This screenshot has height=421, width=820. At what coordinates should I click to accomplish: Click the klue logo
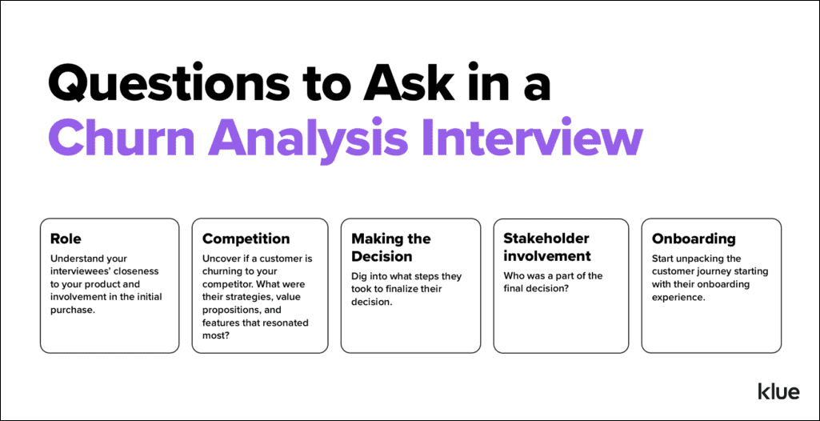coord(778,391)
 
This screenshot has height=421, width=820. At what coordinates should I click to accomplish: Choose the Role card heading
coord(65,239)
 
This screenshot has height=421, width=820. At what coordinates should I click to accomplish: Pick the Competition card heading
coord(246,239)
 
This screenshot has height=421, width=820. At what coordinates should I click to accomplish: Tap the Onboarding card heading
coord(694,239)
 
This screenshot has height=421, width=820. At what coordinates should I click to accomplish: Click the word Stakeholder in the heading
coord(546,239)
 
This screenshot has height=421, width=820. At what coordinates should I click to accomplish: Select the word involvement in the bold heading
coord(547,257)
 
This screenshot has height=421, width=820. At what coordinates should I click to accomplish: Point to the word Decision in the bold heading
coord(382,257)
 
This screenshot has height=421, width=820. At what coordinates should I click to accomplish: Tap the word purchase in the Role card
coord(72,311)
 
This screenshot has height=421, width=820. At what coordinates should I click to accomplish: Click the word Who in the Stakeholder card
coord(514,276)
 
